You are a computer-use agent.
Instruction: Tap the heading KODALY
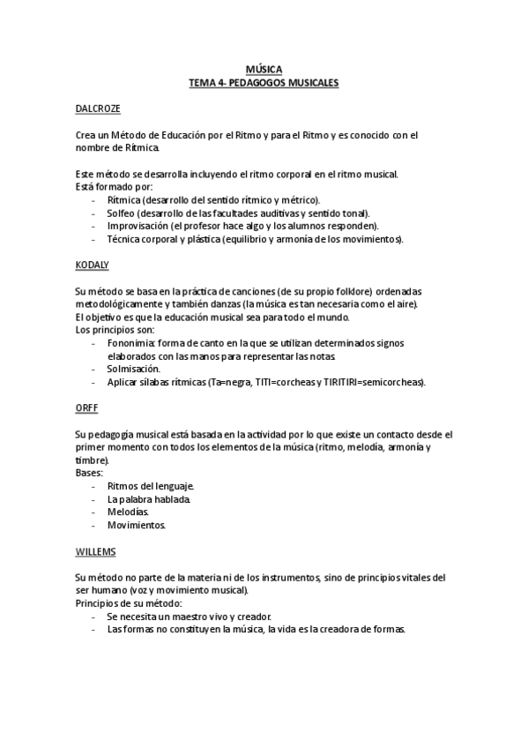93,264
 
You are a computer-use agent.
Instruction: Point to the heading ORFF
86,408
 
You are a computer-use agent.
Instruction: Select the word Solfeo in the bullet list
121,213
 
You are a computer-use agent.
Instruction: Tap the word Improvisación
134,226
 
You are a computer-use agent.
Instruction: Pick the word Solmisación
133,369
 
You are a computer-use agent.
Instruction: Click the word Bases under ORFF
89,474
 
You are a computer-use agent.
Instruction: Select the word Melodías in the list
128,512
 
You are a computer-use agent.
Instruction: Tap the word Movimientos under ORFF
136,525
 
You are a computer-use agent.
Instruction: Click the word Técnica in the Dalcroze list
124,239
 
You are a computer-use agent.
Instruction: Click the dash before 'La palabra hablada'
93,499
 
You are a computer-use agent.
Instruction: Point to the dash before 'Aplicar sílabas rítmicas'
93,382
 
